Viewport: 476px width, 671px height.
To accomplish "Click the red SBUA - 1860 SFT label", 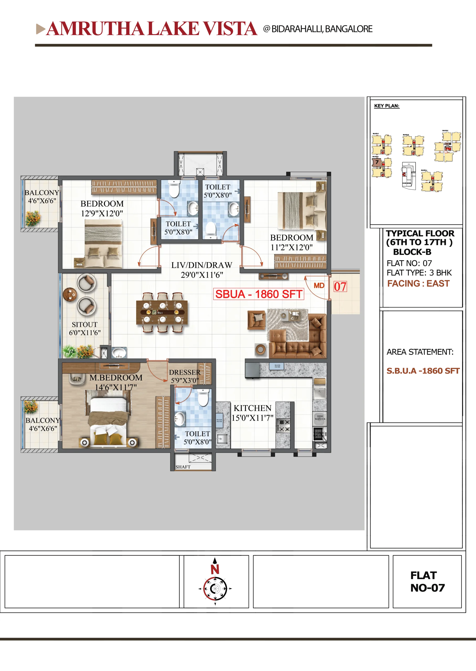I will point(259,294).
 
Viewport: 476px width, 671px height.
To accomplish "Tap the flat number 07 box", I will point(340,286).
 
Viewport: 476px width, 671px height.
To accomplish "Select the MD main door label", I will point(319,285).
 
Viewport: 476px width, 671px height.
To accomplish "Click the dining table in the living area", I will point(162,313).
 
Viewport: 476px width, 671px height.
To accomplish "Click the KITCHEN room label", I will point(252,408).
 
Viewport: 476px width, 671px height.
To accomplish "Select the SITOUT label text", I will point(84,324).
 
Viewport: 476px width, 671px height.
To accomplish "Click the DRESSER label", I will point(185,372).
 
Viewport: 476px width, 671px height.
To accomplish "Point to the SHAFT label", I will point(183,467).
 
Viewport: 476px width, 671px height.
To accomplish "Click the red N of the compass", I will point(215,569).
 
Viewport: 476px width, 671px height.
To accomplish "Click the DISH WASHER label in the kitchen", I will point(320,417).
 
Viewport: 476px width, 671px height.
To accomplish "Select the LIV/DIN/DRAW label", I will point(202,265).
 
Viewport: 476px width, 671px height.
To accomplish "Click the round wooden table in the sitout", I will point(70,294).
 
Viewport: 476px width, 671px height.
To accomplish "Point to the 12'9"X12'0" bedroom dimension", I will point(102,214).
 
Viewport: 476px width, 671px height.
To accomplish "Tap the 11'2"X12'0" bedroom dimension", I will point(291,247).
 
